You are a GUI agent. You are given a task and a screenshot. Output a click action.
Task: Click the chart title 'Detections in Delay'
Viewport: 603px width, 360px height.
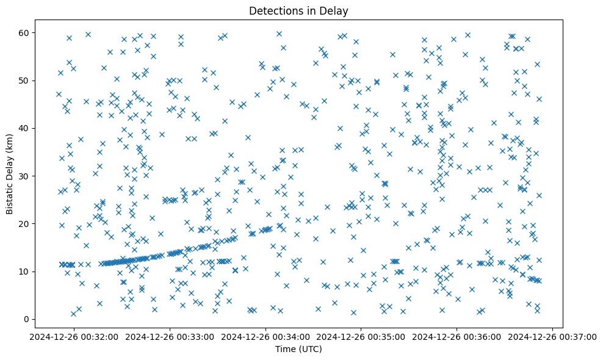(x=298, y=10)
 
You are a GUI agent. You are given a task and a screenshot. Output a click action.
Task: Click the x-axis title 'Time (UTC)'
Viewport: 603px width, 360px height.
(x=298, y=350)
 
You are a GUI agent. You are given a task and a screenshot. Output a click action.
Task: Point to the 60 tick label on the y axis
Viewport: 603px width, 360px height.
(x=29, y=32)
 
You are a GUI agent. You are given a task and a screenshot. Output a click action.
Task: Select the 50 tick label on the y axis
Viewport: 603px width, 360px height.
(x=29, y=81)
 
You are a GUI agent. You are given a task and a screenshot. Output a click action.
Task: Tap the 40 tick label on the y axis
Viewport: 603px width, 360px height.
(x=29, y=128)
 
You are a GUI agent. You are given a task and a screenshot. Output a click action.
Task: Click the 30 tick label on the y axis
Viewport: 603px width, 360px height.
(x=29, y=176)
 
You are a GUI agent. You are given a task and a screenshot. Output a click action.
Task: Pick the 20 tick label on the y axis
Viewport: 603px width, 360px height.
(x=29, y=223)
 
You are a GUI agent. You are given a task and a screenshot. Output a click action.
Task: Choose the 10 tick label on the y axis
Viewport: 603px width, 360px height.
(x=29, y=272)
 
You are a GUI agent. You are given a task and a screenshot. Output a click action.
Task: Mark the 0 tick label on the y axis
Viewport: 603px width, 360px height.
(x=32, y=319)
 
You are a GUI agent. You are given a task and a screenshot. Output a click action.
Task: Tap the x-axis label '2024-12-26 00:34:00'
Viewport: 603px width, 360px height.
(x=265, y=336)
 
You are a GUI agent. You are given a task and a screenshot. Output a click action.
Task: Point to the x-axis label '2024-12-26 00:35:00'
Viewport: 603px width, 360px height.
(x=361, y=336)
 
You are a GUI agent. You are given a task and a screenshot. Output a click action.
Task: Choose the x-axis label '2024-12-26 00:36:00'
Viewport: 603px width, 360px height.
(x=457, y=336)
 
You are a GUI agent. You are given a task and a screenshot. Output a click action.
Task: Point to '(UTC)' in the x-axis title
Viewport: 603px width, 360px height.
(x=311, y=350)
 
